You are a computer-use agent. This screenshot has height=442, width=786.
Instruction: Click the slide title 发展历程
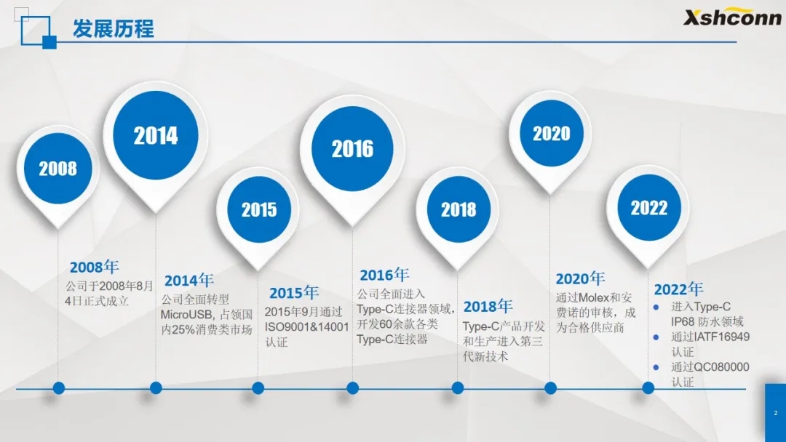114,28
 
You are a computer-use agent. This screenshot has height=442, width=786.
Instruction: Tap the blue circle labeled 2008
58,168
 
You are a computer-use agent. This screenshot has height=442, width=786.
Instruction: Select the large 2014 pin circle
156,135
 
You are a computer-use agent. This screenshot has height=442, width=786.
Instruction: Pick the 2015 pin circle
259,209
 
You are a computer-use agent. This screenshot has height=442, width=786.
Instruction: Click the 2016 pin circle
352,149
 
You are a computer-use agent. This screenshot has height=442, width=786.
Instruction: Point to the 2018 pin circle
458,209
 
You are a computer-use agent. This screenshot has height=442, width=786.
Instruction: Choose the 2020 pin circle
552,133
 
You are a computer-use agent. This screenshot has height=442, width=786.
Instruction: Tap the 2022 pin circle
649,207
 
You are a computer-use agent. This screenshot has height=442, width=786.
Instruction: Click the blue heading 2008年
94,267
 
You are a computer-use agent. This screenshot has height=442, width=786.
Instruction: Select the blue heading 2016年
384,275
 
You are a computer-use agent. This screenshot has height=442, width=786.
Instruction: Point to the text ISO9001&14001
307,327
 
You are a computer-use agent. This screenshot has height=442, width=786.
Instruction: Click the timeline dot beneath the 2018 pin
458,388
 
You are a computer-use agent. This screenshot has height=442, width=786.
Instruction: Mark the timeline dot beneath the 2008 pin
59,388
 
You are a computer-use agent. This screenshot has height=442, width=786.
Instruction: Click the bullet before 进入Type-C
656,308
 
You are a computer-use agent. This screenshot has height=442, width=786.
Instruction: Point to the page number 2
776,413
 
